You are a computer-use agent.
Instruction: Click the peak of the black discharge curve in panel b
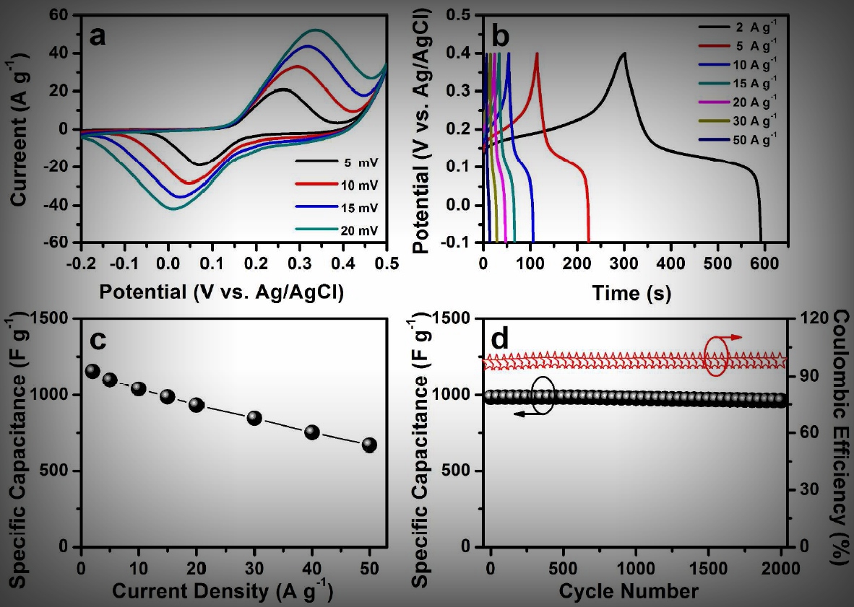[624, 53]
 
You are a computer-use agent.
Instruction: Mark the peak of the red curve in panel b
[537, 53]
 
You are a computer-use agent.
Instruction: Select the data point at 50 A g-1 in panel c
[369, 445]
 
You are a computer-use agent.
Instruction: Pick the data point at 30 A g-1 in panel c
[254, 418]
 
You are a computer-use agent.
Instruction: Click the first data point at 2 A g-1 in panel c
[92, 371]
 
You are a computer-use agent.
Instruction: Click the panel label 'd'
[502, 339]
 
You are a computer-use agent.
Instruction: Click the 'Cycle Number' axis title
[629, 593]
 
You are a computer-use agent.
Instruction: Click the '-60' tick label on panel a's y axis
[64, 243]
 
